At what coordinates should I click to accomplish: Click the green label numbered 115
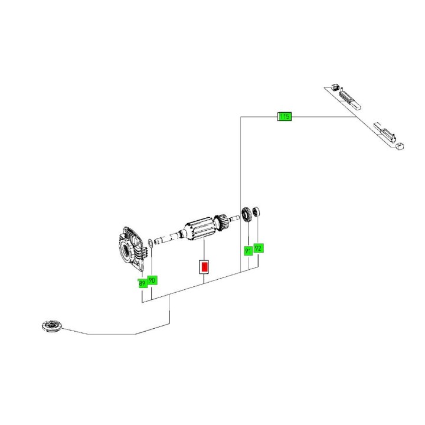pyautogui.click(x=285, y=117)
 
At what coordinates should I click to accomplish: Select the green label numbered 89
pyautogui.click(x=142, y=283)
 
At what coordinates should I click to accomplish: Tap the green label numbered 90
pyautogui.click(x=152, y=280)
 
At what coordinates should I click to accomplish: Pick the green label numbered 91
pyautogui.click(x=249, y=250)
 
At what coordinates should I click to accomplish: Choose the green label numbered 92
pyautogui.click(x=258, y=248)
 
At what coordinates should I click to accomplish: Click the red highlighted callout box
pyautogui.click(x=204, y=267)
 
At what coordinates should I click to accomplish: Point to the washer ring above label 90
pyautogui.click(x=151, y=241)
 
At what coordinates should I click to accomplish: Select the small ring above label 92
pyautogui.click(x=256, y=211)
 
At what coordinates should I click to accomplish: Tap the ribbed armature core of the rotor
pyautogui.click(x=199, y=230)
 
